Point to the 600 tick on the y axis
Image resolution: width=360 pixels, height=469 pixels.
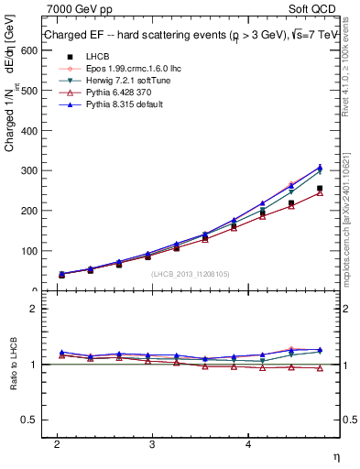[31, 50]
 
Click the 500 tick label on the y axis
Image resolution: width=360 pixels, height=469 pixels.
[31, 91]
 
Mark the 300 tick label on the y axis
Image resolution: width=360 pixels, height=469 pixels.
[31, 170]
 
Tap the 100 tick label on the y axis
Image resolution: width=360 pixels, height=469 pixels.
[31, 250]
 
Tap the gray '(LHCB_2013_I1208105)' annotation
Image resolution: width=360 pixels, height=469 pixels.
[190, 274]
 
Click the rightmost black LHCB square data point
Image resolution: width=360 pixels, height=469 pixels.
[320, 189]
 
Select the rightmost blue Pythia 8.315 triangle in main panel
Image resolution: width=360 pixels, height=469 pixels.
[320, 168]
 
